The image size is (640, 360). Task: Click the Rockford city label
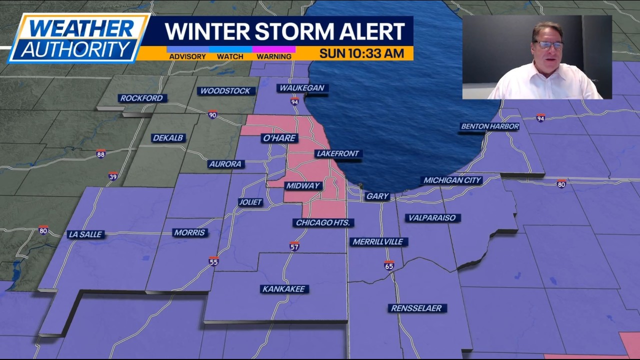tap(141, 98)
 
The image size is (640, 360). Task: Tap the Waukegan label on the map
tap(301, 88)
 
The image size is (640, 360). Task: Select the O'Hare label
tap(279, 138)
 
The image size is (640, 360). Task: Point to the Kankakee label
tap(284, 289)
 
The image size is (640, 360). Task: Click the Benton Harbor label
tap(489, 126)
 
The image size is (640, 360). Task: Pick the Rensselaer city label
tap(416, 308)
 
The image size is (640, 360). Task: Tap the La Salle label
tap(85, 234)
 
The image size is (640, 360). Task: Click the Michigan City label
tap(451, 180)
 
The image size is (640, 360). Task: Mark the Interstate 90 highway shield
tap(212, 114)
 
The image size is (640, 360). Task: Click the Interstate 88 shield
tap(101, 153)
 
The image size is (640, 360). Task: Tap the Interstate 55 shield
tap(213, 261)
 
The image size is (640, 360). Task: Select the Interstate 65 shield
tap(389, 265)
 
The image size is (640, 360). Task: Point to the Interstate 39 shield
tap(113, 176)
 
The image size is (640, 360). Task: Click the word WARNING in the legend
tap(273, 56)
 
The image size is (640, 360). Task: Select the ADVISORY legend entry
tap(187, 56)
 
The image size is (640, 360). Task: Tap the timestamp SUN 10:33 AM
tap(361, 53)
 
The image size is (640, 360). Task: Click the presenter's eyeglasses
tap(548, 45)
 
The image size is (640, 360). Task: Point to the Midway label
tap(302, 185)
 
